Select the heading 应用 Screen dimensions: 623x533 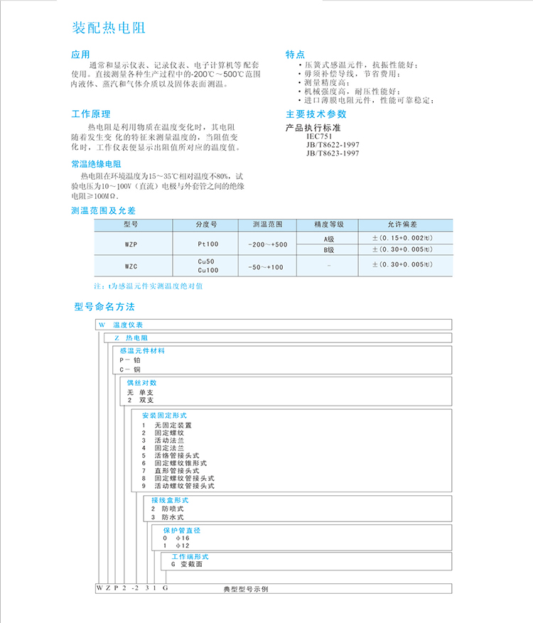click(81, 55)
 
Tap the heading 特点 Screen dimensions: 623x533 click(295, 55)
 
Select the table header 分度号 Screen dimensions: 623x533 click(206, 224)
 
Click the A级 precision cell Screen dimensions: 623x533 click(328, 238)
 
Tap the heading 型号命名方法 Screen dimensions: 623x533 click(104, 307)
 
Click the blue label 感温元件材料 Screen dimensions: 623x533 click(143, 350)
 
